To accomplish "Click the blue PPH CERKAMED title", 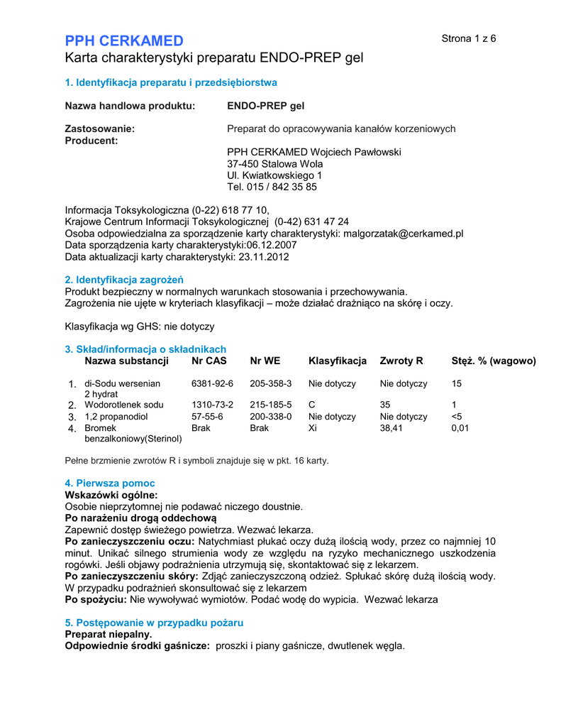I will click(x=124, y=40).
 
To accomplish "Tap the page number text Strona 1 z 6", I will click(x=469, y=38).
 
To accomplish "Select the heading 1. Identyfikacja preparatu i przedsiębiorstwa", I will click(x=171, y=83).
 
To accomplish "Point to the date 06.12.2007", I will click(x=272, y=246).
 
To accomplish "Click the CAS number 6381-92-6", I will click(x=212, y=383).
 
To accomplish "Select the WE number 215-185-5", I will click(x=270, y=405).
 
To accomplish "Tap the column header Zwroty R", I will click(x=401, y=361).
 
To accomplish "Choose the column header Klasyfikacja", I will click(x=338, y=361).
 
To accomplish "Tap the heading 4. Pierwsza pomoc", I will click(x=109, y=483).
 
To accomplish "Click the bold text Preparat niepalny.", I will click(x=109, y=634).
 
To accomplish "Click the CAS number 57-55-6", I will click(x=206, y=417).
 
